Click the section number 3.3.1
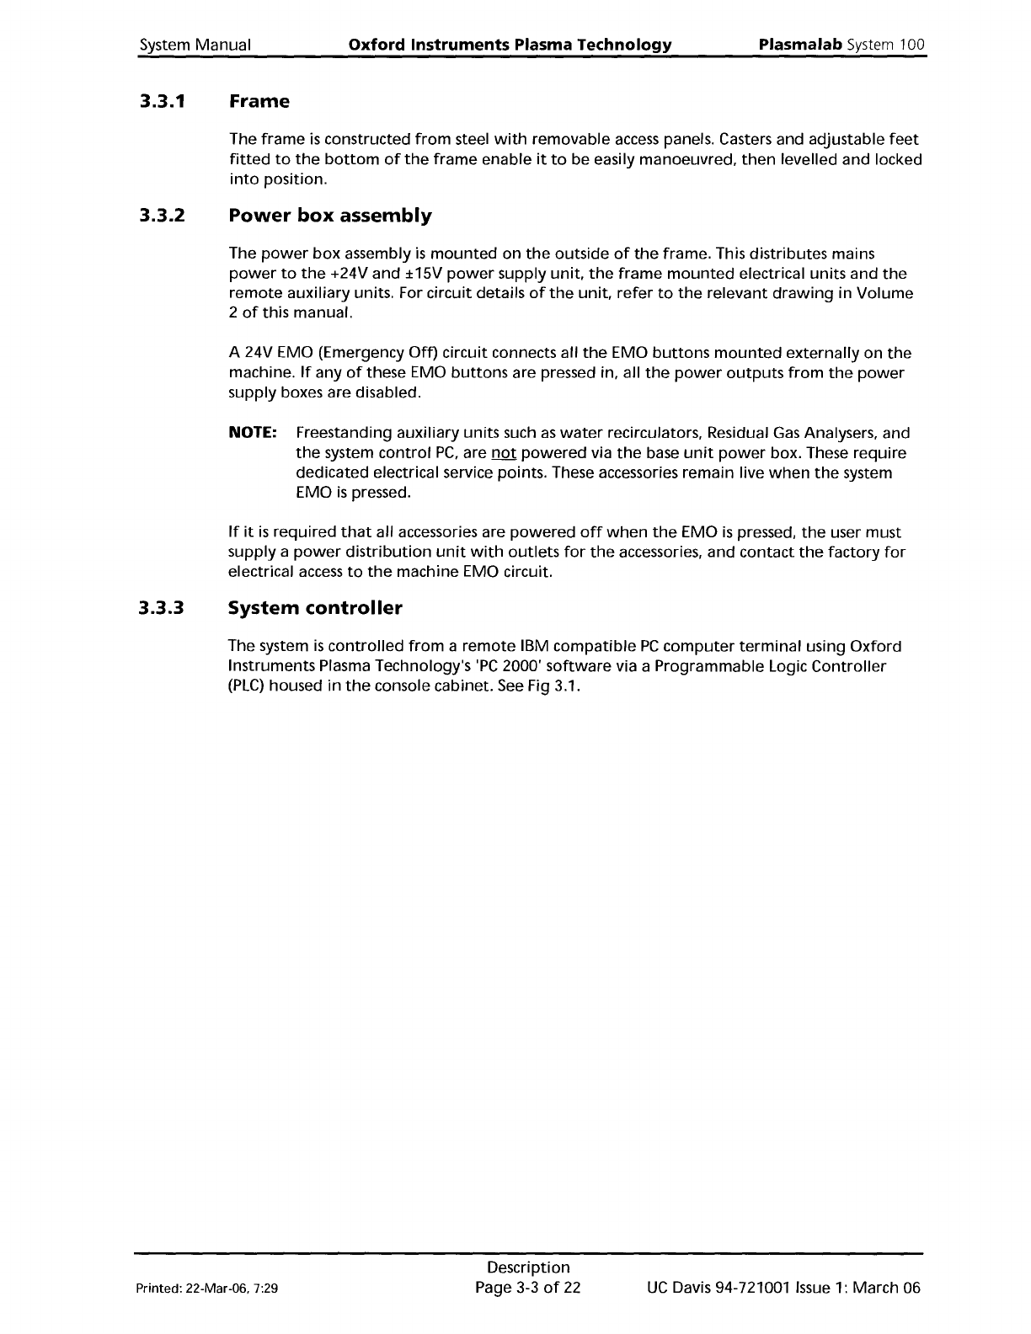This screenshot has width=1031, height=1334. (x=163, y=102)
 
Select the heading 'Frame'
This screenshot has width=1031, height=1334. (x=259, y=102)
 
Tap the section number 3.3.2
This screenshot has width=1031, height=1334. (x=163, y=216)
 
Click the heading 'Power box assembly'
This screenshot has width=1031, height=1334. (x=330, y=216)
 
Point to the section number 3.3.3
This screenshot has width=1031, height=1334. (x=163, y=608)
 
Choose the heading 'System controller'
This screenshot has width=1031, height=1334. (x=315, y=608)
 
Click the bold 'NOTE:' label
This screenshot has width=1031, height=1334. (x=254, y=433)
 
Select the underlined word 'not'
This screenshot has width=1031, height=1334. (x=502, y=453)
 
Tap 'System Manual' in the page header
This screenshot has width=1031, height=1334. (x=195, y=45)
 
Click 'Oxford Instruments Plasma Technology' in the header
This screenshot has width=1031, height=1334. (x=510, y=45)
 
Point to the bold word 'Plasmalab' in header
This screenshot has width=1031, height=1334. (x=800, y=44)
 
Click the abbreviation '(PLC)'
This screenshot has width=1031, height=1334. (x=248, y=686)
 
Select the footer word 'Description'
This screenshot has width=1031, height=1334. (x=528, y=1267)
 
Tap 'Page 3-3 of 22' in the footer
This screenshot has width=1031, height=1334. (x=528, y=1288)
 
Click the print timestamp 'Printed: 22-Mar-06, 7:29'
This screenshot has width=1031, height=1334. (x=209, y=1289)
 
